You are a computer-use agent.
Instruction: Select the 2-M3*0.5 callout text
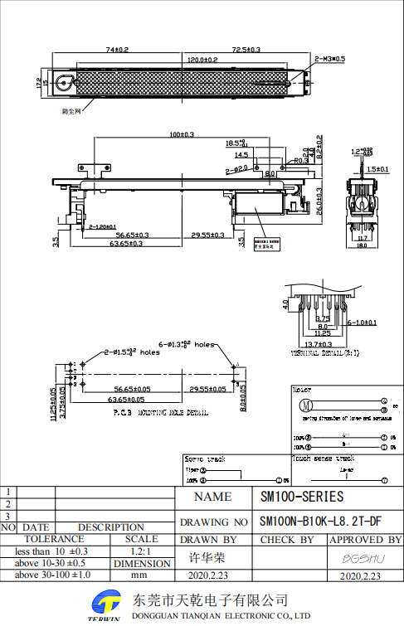332,60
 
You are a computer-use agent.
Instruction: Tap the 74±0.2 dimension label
116,50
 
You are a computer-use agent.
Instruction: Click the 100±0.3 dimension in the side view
182,134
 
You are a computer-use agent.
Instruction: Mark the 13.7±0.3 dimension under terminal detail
317,344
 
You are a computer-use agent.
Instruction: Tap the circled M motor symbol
304,405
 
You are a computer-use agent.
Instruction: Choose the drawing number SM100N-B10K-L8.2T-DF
320,522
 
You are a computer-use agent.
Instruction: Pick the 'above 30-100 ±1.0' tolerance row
53,574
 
